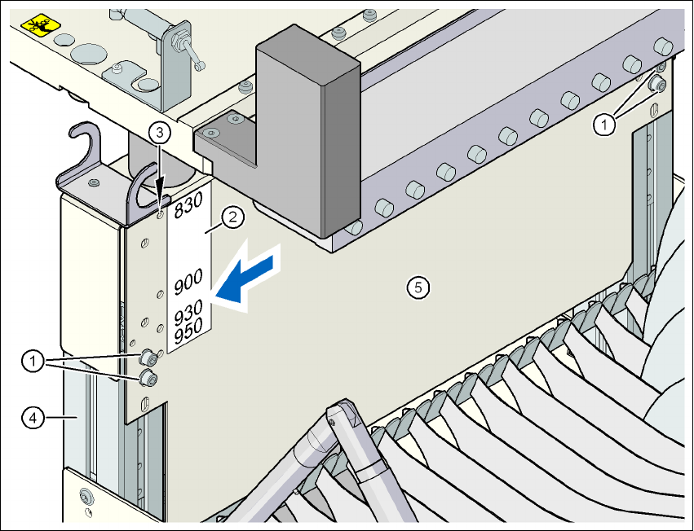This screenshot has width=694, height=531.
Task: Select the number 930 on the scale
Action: point(190,310)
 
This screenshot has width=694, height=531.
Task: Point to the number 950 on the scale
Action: point(190,327)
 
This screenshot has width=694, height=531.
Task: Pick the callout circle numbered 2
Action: point(232,217)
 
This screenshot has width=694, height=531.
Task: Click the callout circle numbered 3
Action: point(161,131)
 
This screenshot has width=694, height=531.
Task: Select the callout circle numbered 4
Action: point(32,418)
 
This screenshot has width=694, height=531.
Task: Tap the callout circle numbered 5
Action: point(418,286)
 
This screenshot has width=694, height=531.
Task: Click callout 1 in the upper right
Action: point(603,124)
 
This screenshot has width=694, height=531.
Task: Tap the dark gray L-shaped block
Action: point(302,130)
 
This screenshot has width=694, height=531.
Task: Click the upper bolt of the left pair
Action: point(149,357)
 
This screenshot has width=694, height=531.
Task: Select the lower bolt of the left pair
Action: point(148,376)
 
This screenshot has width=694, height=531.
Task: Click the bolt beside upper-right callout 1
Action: point(657,85)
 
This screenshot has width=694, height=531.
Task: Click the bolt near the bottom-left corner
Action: point(85,496)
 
